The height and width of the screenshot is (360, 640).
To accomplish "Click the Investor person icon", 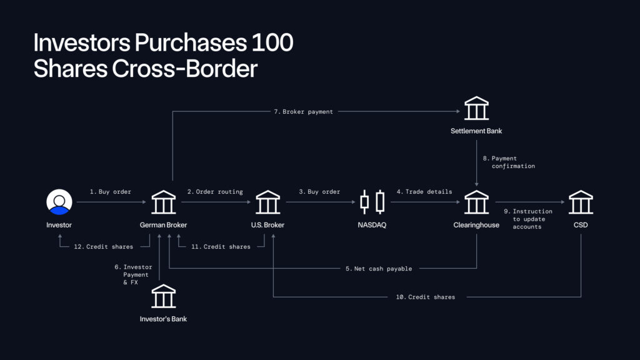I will [x=59, y=202].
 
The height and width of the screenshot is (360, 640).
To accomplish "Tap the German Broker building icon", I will [x=164, y=202].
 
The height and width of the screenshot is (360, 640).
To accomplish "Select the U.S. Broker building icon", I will [x=268, y=202].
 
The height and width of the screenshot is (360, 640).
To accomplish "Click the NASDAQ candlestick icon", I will [x=372, y=202].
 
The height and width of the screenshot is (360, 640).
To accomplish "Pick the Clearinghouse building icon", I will [x=476, y=202].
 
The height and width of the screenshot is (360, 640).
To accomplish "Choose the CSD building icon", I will [x=581, y=202].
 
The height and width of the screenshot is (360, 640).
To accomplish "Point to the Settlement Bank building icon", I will [x=476, y=109].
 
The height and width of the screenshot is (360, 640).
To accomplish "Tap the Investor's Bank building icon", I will [x=164, y=296].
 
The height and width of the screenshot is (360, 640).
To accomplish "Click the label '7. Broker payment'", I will [x=303, y=112].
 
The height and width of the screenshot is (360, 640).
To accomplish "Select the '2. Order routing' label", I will [x=215, y=192].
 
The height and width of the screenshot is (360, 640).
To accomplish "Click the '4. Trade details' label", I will [x=423, y=192].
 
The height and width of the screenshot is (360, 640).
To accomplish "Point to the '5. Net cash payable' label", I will [x=379, y=269].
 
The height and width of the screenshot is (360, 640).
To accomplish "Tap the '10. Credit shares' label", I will [x=425, y=297].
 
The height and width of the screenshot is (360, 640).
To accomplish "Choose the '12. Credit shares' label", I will [x=103, y=247].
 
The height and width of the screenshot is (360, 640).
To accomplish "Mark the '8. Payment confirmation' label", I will [x=509, y=162].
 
